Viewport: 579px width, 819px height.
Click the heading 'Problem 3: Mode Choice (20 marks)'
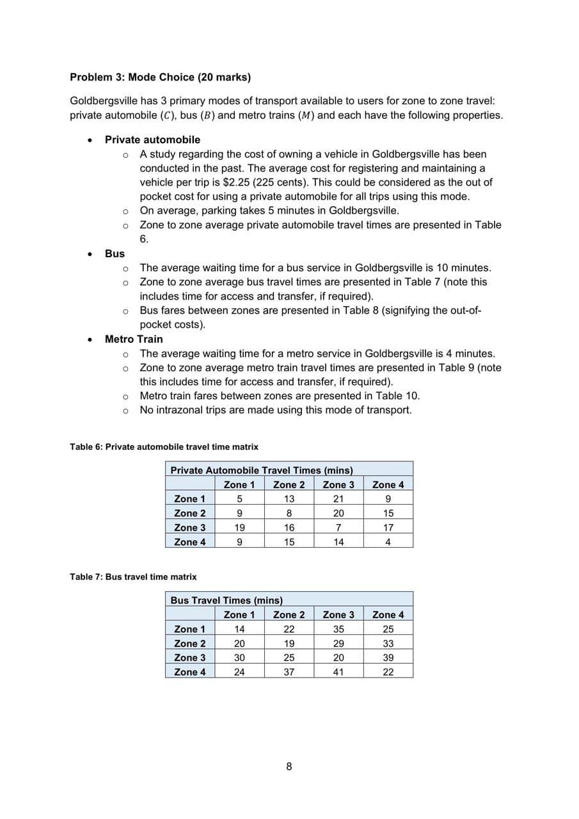160,77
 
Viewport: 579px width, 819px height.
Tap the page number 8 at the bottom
289,767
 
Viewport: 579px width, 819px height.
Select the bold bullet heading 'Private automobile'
152,139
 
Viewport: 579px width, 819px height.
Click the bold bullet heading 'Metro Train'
134,339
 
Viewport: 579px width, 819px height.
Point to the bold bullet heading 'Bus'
115,253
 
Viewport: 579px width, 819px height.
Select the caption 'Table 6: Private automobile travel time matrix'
164,447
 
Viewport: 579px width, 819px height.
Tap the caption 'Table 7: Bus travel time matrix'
133,576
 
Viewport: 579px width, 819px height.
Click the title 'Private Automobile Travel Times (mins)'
262,470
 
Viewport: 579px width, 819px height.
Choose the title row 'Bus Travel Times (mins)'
226,600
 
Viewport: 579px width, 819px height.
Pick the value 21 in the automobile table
338,499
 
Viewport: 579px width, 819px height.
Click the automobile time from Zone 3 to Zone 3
338,528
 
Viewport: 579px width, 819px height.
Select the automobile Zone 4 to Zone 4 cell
388,542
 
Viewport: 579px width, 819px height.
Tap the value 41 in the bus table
338,672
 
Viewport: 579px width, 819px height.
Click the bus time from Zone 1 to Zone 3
338,629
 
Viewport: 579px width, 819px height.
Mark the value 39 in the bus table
388,658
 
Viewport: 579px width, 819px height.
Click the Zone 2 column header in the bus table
289,615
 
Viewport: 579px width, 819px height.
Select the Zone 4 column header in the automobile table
388,485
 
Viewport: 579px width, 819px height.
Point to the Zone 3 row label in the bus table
190,658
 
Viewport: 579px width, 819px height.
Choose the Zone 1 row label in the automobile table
190,499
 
